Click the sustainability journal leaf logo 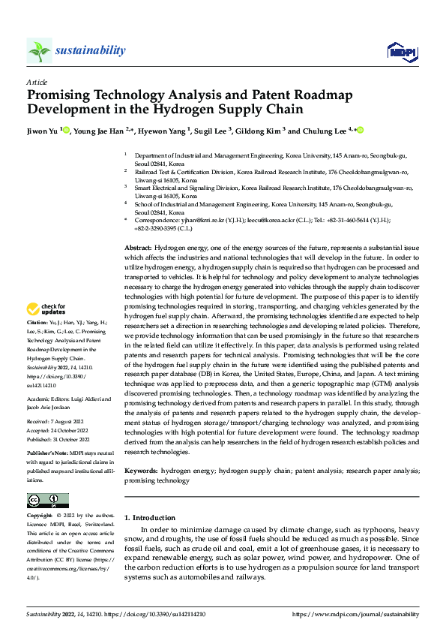coord(39,50)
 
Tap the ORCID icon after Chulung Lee coord(360,131)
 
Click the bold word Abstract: coord(138,248)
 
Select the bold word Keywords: coord(141,471)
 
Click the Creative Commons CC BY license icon coord(47,501)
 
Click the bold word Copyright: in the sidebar coord(40,516)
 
